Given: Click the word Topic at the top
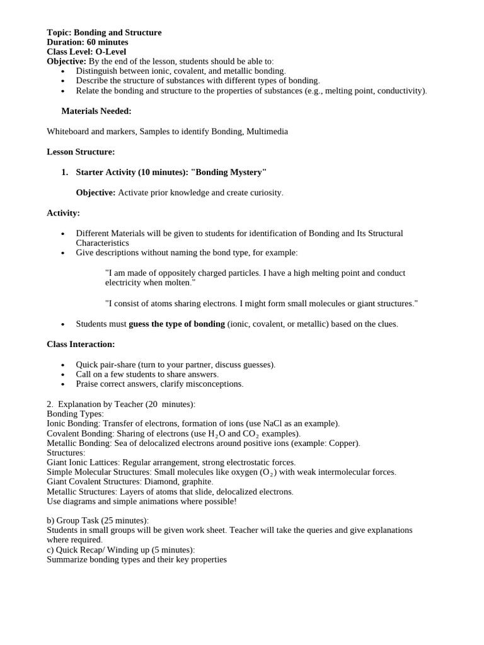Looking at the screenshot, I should click(59, 32).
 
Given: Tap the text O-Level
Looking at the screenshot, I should click(110, 52).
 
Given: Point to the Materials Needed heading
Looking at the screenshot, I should click(96, 111).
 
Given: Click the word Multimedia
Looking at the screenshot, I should click(267, 131).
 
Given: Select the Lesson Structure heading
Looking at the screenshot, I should click(81, 152).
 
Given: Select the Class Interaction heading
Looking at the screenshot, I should click(81, 344).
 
